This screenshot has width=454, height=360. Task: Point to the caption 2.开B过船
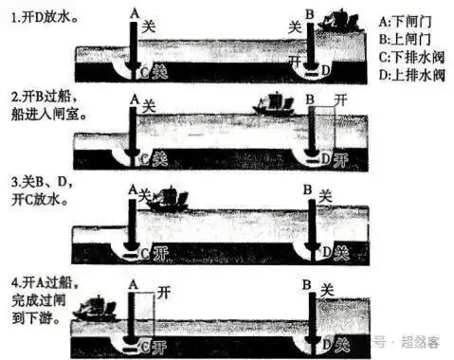39,97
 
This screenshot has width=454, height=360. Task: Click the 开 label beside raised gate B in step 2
343,99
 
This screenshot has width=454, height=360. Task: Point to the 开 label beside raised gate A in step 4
164,290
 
